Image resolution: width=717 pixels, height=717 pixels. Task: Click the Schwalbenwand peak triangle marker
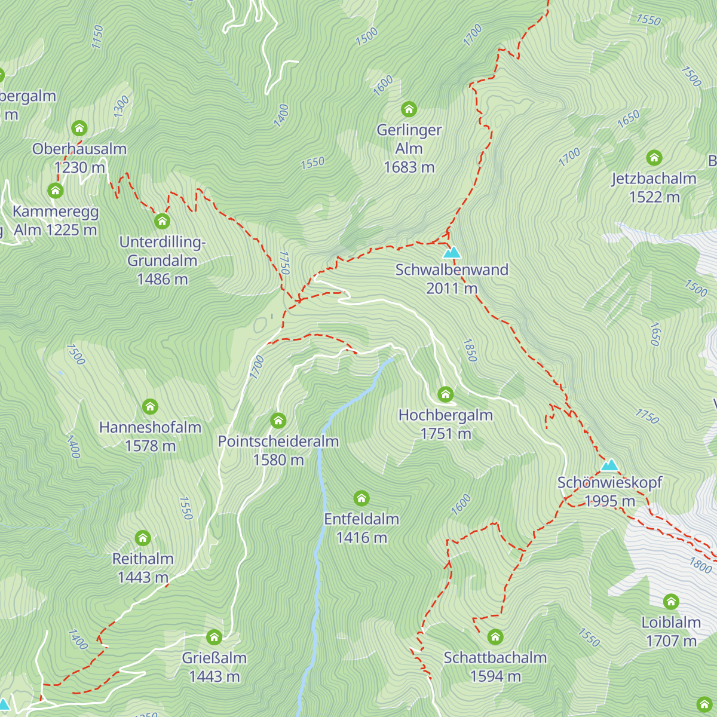(452, 252)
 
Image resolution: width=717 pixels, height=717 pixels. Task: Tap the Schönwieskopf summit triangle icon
(609, 465)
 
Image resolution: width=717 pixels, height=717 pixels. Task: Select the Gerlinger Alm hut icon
(409, 109)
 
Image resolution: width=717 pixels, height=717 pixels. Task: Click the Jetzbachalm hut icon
(654, 158)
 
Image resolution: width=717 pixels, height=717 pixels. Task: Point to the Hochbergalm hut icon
(445, 394)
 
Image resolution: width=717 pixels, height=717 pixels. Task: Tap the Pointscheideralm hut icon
(278, 421)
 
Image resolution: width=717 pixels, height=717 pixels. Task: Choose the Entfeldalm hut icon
(361, 498)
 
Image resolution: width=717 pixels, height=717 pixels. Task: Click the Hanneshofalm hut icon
(150, 407)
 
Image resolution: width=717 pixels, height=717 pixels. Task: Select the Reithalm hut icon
(142, 538)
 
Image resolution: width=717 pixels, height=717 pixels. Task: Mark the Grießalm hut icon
(214, 637)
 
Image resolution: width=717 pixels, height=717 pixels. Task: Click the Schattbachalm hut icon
(495, 636)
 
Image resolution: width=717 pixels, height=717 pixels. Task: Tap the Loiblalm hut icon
(671, 602)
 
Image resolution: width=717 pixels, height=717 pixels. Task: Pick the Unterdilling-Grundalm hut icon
(162, 222)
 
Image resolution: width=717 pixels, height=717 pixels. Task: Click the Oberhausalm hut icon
(79, 128)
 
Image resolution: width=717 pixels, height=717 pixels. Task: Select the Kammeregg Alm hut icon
(55, 191)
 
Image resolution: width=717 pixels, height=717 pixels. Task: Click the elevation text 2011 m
(452, 289)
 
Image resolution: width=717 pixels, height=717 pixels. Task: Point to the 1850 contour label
(470, 351)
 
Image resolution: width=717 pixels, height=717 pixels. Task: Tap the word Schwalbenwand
(452, 269)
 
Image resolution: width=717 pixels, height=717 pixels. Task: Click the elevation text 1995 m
(609, 501)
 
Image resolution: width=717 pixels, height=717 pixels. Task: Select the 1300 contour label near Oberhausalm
(121, 106)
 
